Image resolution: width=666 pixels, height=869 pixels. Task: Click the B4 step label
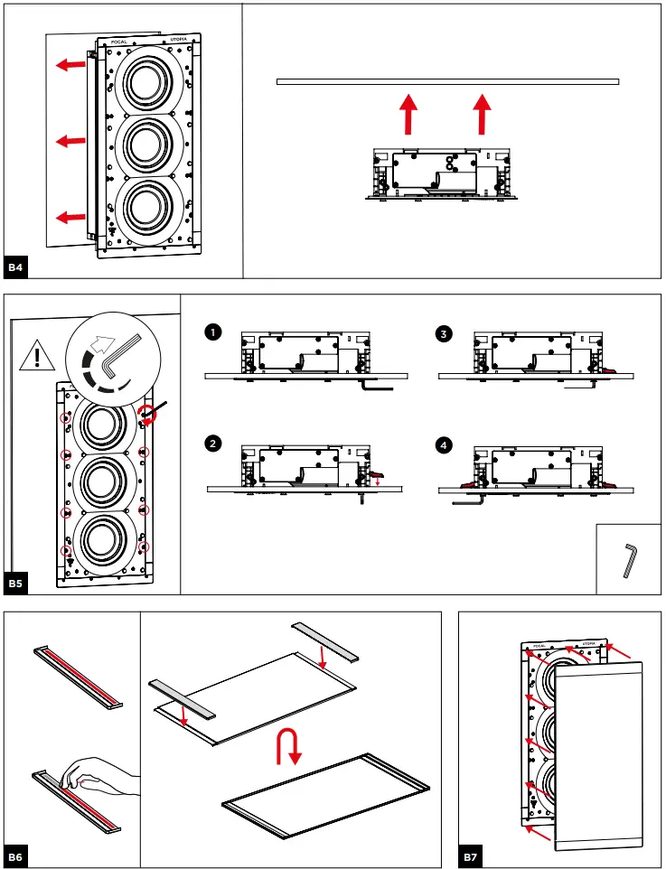click(17, 267)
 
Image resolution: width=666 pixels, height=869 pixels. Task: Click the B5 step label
click(17, 584)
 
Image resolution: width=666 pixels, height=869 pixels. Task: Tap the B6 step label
click(17, 856)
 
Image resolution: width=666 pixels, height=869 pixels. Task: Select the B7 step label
click(471, 856)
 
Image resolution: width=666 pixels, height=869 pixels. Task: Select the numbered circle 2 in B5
click(212, 444)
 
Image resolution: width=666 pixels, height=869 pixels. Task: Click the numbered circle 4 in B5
click(444, 444)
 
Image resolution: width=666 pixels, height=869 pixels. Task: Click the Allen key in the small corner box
click(630, 560)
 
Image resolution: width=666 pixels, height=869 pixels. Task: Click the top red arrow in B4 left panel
click(68, 65)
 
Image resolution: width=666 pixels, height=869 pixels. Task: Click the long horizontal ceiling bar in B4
click(447, 82)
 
